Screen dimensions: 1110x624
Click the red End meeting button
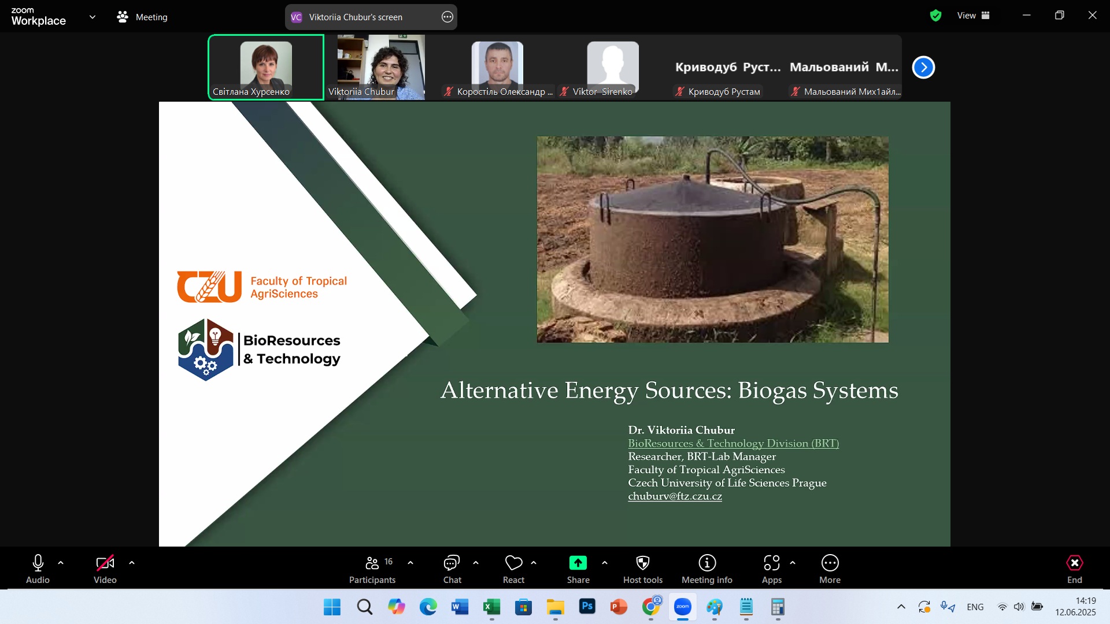[x=1074, y=563]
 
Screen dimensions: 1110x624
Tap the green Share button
[x=578, y=563]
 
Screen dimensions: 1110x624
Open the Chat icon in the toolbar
[x=452, y=563]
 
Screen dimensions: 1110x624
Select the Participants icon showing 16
[x=372, y=563]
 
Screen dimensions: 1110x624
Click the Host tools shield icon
[x=643, y=563]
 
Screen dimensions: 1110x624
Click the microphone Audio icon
[x=38, y=563]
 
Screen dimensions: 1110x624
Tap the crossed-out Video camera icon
[x=105, y=563]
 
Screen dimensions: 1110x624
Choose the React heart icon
[x=513, y=563]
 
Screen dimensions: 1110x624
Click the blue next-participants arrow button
[x=923, y=68]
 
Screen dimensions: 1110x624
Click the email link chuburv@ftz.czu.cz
[x=675, y=496]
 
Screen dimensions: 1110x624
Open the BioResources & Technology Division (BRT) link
[x=733, y=444]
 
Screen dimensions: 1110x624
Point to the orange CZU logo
[x=209, y=287]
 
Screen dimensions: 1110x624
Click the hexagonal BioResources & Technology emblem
[x=206, y=350]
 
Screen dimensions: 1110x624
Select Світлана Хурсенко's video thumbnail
[x=266, y=67]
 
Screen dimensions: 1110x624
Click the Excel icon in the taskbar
[x=491, y=607]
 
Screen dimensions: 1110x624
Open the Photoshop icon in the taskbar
[x=587, y=607]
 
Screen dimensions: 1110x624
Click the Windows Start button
[x=332, y=607]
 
